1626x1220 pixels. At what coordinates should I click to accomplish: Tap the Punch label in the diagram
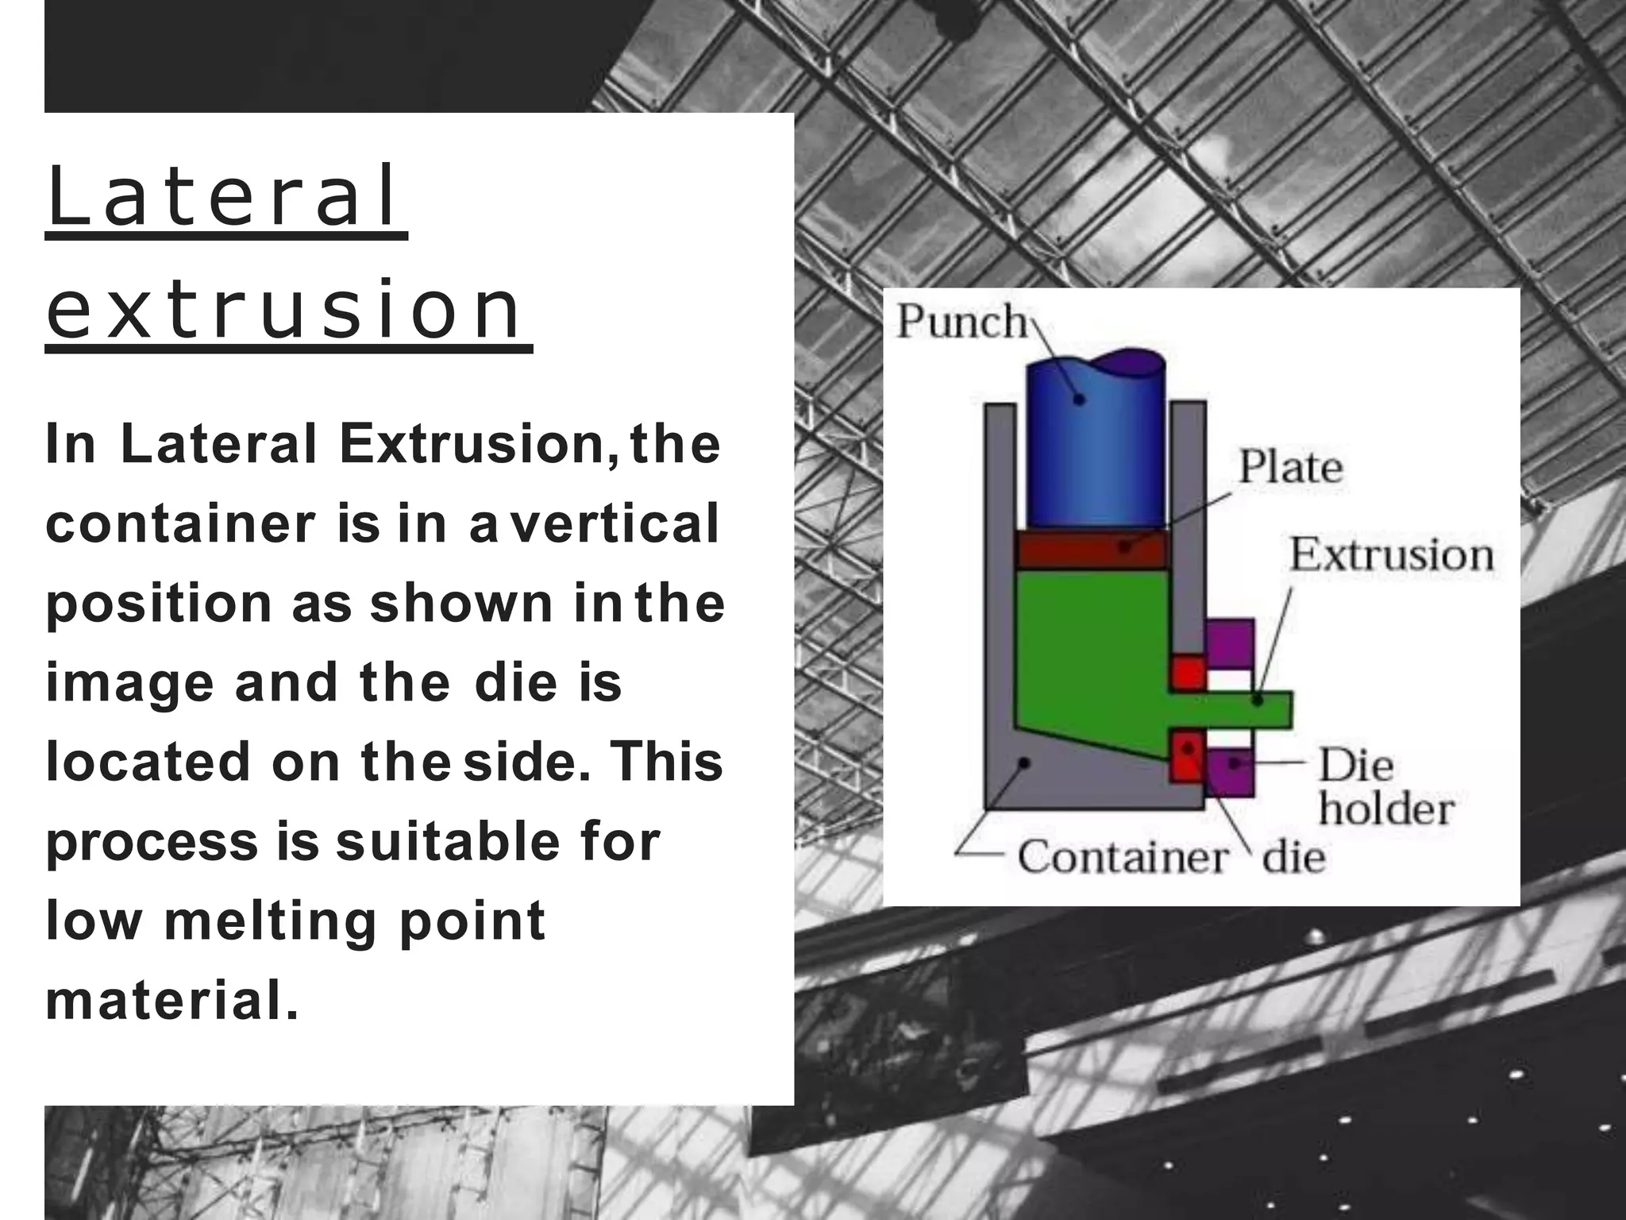click(961, 322)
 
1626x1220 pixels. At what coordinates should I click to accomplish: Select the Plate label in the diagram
click(1290, 467)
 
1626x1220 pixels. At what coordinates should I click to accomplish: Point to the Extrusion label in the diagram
click(1390, 554)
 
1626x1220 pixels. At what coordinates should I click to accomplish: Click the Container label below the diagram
click(1122, 858)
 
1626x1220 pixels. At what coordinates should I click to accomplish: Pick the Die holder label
click(1385, 788)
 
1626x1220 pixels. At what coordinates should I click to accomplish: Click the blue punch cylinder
click(1096, 453)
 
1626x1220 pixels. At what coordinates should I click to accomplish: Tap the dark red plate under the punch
click(1092, 549)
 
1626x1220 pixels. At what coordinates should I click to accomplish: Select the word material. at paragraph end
click(172, 1001)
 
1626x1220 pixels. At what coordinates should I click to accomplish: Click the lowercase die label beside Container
click(1294, 858)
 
